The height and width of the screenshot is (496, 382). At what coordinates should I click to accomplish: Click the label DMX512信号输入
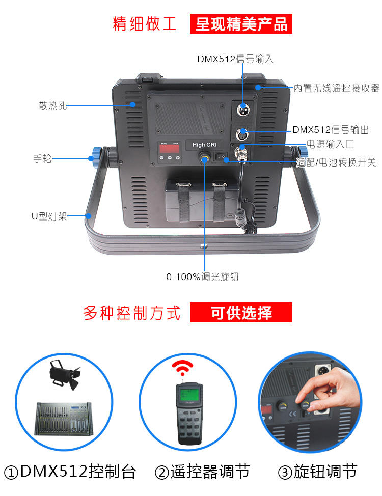[x=235, y=59]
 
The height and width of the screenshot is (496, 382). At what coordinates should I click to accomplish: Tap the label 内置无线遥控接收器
[x=336, y=88]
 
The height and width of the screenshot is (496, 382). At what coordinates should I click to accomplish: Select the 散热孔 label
[x=53, y=105]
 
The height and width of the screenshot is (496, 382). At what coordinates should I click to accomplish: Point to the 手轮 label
[x=42, y=158]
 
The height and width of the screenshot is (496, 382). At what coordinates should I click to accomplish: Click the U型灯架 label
[x=49, y=216]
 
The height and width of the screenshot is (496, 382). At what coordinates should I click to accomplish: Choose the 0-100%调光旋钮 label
[x=203, y=277]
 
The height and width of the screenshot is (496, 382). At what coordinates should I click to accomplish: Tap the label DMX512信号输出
[x=331, y=130]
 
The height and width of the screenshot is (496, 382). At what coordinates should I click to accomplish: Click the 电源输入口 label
[x=330, y=144]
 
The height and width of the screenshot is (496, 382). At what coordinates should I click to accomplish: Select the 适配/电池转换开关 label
[x=336, y=162]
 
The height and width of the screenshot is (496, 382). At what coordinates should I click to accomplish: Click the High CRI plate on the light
[x=204, y=145]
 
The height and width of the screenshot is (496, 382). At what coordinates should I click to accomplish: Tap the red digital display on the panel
[x=170, y=149]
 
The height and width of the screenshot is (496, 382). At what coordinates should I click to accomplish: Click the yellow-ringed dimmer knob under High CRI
[x=204, y=157]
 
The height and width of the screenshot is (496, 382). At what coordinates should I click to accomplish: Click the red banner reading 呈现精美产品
[x=241, y=24]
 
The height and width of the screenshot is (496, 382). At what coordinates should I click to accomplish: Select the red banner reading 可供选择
[x=241, y=313]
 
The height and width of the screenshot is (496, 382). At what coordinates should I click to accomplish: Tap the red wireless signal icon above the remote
[x=183, y=368]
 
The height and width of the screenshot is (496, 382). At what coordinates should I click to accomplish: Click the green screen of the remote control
[x=189, y=395]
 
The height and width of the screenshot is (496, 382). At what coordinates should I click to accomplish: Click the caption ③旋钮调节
[x=318, y=472]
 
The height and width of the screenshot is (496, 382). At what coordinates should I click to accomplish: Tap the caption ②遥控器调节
[x=203, y=472]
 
